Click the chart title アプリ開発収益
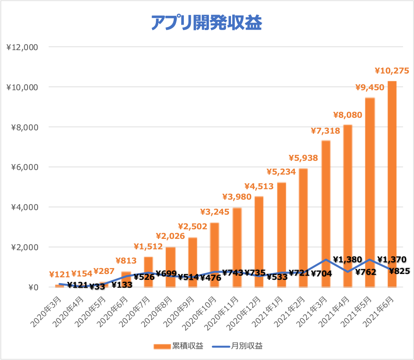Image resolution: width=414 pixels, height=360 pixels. tap(206, 23)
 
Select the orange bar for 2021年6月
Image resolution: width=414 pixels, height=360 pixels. tap(392, 184)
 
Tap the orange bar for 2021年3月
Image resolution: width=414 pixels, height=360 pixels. tap(326, 214)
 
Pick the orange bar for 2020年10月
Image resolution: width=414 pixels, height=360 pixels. tap(214, 255)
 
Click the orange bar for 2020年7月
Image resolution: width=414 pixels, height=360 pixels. tap(148, 272)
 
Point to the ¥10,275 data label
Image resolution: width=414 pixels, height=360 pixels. tap(392, 71)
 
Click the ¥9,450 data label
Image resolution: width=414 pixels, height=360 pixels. tap(370, 87)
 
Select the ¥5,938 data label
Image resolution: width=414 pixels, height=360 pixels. tap(303, 158)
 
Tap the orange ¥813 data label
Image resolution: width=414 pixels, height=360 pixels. tap(126, 261)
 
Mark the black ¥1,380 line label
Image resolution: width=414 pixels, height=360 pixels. tap(347, 260)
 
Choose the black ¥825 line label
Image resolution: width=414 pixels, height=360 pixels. tap(399, 271)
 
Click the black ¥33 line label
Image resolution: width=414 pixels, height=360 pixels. tap(97, 286)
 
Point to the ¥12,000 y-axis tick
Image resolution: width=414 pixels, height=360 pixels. tap(22, 47)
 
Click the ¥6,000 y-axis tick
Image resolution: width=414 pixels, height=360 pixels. tap(25, 167)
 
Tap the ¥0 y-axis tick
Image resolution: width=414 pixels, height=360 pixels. tap(33, 287)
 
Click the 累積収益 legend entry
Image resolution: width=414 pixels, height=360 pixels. tap(178, 346)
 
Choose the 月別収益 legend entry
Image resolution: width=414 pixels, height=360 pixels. tap(237, 346)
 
